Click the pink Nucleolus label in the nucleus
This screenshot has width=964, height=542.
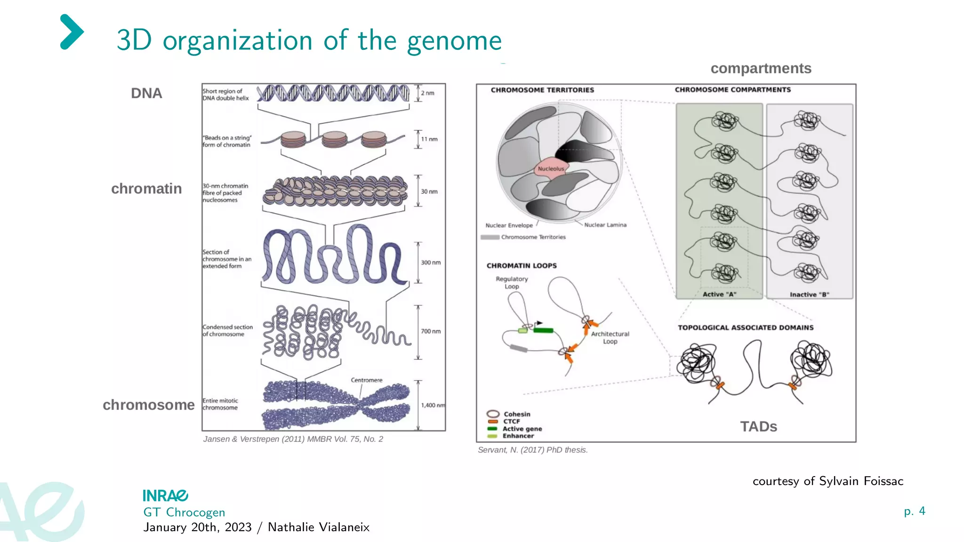point(551,168)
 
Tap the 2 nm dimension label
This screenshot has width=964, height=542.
point(427,93)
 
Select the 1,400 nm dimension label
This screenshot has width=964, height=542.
point(433,405)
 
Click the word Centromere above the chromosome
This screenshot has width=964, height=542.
point(366,380)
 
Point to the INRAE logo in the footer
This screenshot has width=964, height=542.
point(165,495)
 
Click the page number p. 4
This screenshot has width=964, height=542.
point(914,511)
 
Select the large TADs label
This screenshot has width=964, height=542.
point(758,426)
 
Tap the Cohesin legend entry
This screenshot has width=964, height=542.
point(516,414)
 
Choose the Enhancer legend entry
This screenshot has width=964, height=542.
point(518,436)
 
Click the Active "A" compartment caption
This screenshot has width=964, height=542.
point(719,295)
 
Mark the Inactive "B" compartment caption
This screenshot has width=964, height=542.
point(809,295)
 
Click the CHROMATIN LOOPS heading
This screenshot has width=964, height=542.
point(522,266)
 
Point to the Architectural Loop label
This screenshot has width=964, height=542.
point(610,337)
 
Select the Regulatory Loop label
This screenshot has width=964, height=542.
point(512,282)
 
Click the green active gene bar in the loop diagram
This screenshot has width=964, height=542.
point(543,330)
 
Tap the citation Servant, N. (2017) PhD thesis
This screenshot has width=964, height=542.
point(532,450)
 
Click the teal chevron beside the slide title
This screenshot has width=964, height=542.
point(72,32)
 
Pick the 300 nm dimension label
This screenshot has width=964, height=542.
point(430,263)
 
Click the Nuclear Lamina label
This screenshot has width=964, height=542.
point(605,225)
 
